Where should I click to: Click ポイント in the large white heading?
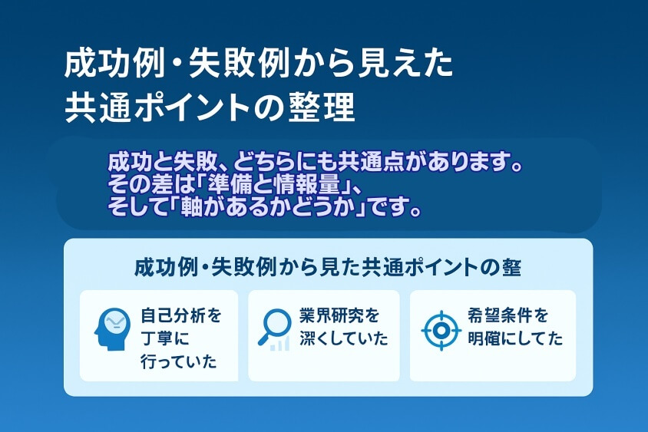point(191,108)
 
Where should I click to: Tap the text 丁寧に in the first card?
point(164,338)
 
